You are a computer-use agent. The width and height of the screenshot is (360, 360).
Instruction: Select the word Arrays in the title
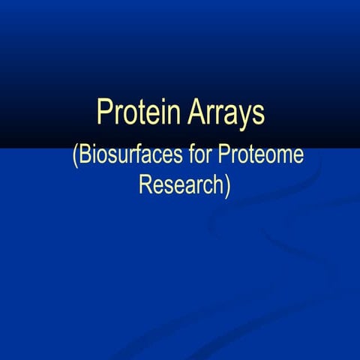(x=226, y=114)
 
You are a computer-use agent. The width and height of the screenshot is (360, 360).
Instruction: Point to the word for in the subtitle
(x=201, y=157)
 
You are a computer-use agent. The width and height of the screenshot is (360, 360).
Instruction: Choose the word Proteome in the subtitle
(x=261, y=157)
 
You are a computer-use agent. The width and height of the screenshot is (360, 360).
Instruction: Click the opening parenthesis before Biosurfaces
(x=75, y=158)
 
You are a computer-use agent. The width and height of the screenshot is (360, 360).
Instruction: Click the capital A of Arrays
(x=194, y=113)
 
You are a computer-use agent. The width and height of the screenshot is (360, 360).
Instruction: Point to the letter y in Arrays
(x=244, y=118)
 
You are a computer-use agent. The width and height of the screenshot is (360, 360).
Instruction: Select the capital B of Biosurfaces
(x=85, y=157)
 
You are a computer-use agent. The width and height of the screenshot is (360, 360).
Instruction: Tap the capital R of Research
(x=145, y=184)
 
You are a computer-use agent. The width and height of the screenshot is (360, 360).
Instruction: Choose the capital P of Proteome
(x=224, y=157)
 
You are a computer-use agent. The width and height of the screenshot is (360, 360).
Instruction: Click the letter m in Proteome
(x=280, y=159)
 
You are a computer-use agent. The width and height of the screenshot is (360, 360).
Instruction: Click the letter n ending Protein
(x=172, y=115)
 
